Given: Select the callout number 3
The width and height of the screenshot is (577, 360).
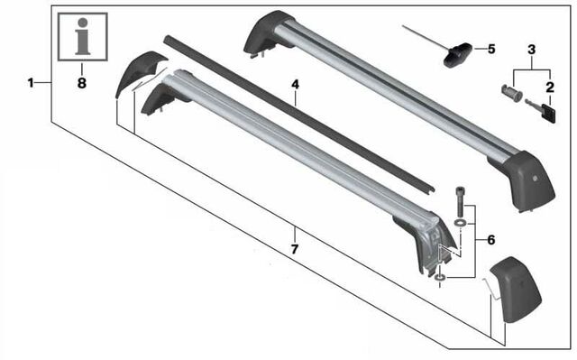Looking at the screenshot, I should coord(532,47).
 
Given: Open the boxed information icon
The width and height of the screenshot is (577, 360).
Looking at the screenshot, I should coord(81,35).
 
